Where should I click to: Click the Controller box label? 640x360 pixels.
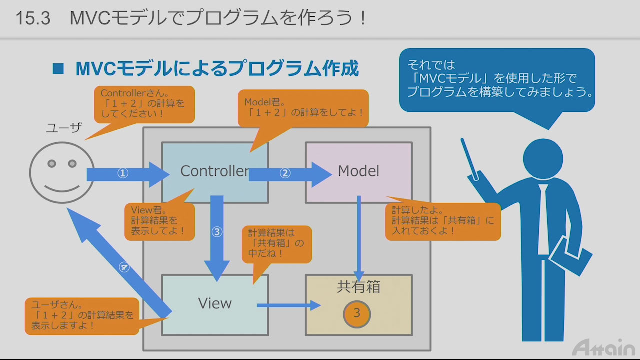tap(215, 171)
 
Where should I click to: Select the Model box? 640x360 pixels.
tap(358, 171)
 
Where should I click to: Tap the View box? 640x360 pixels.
tap(215, 303)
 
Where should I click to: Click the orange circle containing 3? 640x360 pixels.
tap(356, 313)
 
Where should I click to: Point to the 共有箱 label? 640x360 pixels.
tap(358, 287)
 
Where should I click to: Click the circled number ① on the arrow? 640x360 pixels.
tap(123, 173)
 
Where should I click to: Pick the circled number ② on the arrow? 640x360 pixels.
tap(285, 173)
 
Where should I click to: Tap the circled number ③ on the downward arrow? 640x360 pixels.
tap(217, 232)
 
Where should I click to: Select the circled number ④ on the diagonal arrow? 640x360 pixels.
tap(124, 267)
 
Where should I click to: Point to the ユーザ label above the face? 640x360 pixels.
tap(63, 128)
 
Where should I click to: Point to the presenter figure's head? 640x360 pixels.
tap(542, 158)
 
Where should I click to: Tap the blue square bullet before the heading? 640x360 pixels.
tap(58, 69)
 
